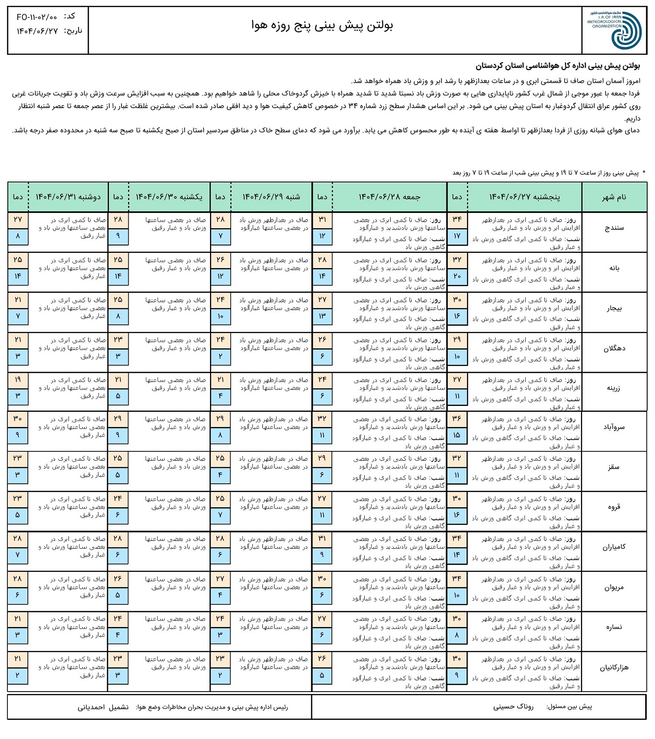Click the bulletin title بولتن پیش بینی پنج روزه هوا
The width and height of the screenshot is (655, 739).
[x=322, y=25]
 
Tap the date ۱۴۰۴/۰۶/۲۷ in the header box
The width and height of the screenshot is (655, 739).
[x=37, y=31]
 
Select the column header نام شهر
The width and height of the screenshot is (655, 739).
[x=614, y=197]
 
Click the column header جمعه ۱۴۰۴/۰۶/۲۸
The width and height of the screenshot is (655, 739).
[x=389, y=197]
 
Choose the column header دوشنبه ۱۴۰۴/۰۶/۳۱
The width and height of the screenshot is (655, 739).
[x=68, y=197]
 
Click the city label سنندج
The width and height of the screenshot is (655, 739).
[x=614, y=228]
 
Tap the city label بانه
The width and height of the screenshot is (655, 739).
[x=614, y=268]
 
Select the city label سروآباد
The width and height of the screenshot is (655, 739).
[x=614, y=427]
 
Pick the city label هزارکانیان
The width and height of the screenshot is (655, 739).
[x=614, y=667]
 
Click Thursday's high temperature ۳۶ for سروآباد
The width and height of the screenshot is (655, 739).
[x=457, y=419]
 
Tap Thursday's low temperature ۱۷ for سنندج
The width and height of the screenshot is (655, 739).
[x=457, y=236]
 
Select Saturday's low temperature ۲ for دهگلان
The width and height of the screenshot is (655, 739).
[x=220, y=357]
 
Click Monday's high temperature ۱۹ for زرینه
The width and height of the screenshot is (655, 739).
[x=18, y=380]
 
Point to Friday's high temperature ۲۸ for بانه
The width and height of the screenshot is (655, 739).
[x=322, y=260]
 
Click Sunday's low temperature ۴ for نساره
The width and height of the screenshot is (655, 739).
[x=118, y=635]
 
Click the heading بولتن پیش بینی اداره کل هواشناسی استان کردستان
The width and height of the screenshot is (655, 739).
[x=558, y=66]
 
